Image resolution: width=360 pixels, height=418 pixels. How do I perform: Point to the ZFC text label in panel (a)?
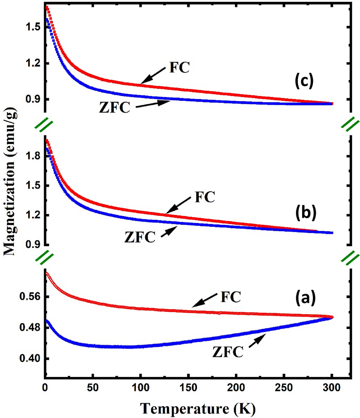point(228,351)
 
